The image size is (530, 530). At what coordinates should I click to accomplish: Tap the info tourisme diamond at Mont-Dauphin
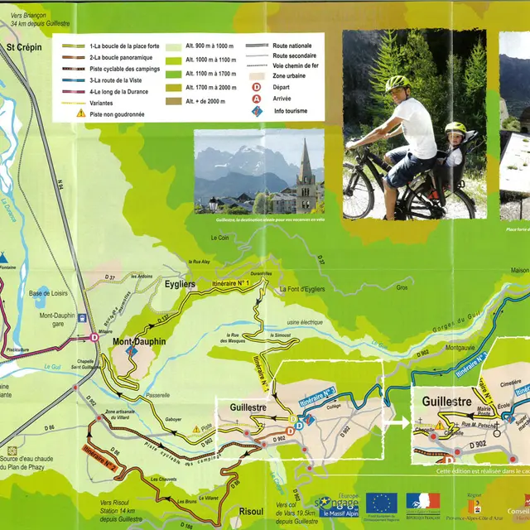click(x=129, y=351)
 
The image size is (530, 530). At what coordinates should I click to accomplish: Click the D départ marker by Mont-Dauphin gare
click(x=95, y=337)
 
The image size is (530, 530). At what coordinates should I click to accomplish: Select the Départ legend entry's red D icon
click(x=256, y=85)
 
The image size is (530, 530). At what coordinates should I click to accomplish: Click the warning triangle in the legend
click(x=80, y=113)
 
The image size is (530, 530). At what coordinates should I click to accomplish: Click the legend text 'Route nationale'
click(x=293, y=47)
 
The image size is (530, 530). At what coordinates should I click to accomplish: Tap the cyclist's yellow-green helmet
click(x=397, y=84)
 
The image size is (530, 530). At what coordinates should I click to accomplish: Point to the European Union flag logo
click(x=381, y=503)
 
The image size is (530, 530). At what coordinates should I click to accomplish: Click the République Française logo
click(x=422, y=503)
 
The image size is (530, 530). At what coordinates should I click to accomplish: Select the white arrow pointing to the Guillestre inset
click(x=397, y=422)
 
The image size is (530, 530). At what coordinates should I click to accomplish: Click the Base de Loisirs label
click(x=50, y=293)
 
